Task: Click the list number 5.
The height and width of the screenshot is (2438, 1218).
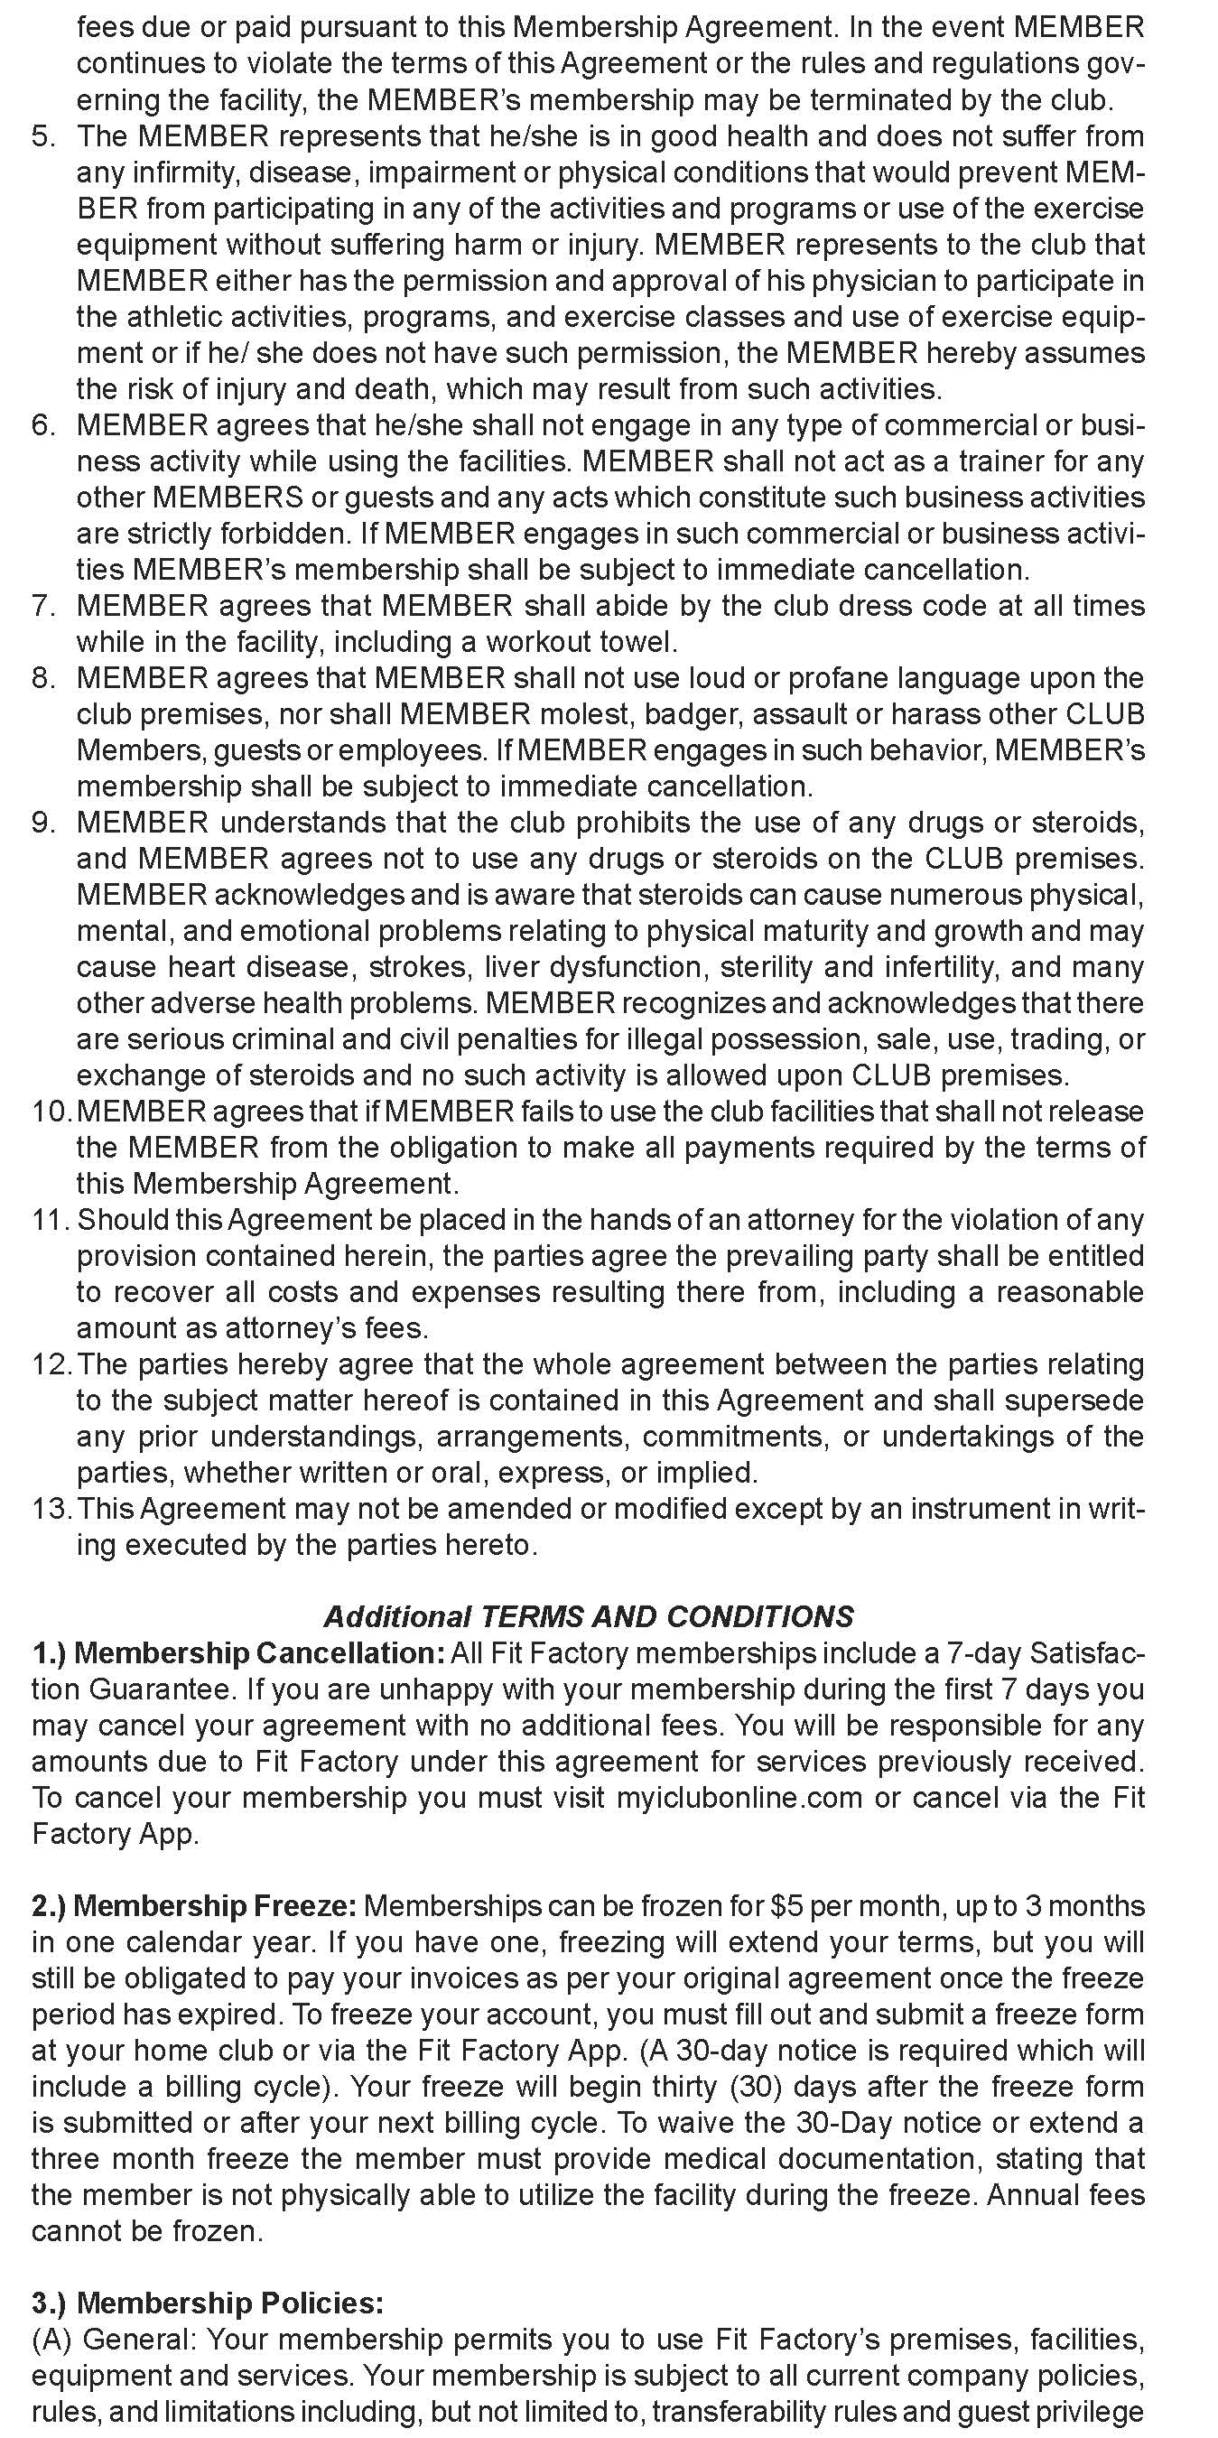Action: (43, 136)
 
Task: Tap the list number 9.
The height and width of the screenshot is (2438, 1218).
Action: (43, 823)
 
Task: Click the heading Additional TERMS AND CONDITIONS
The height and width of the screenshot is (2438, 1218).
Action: (589, 1615)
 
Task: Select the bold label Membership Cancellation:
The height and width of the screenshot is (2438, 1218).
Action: (257, 1653)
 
